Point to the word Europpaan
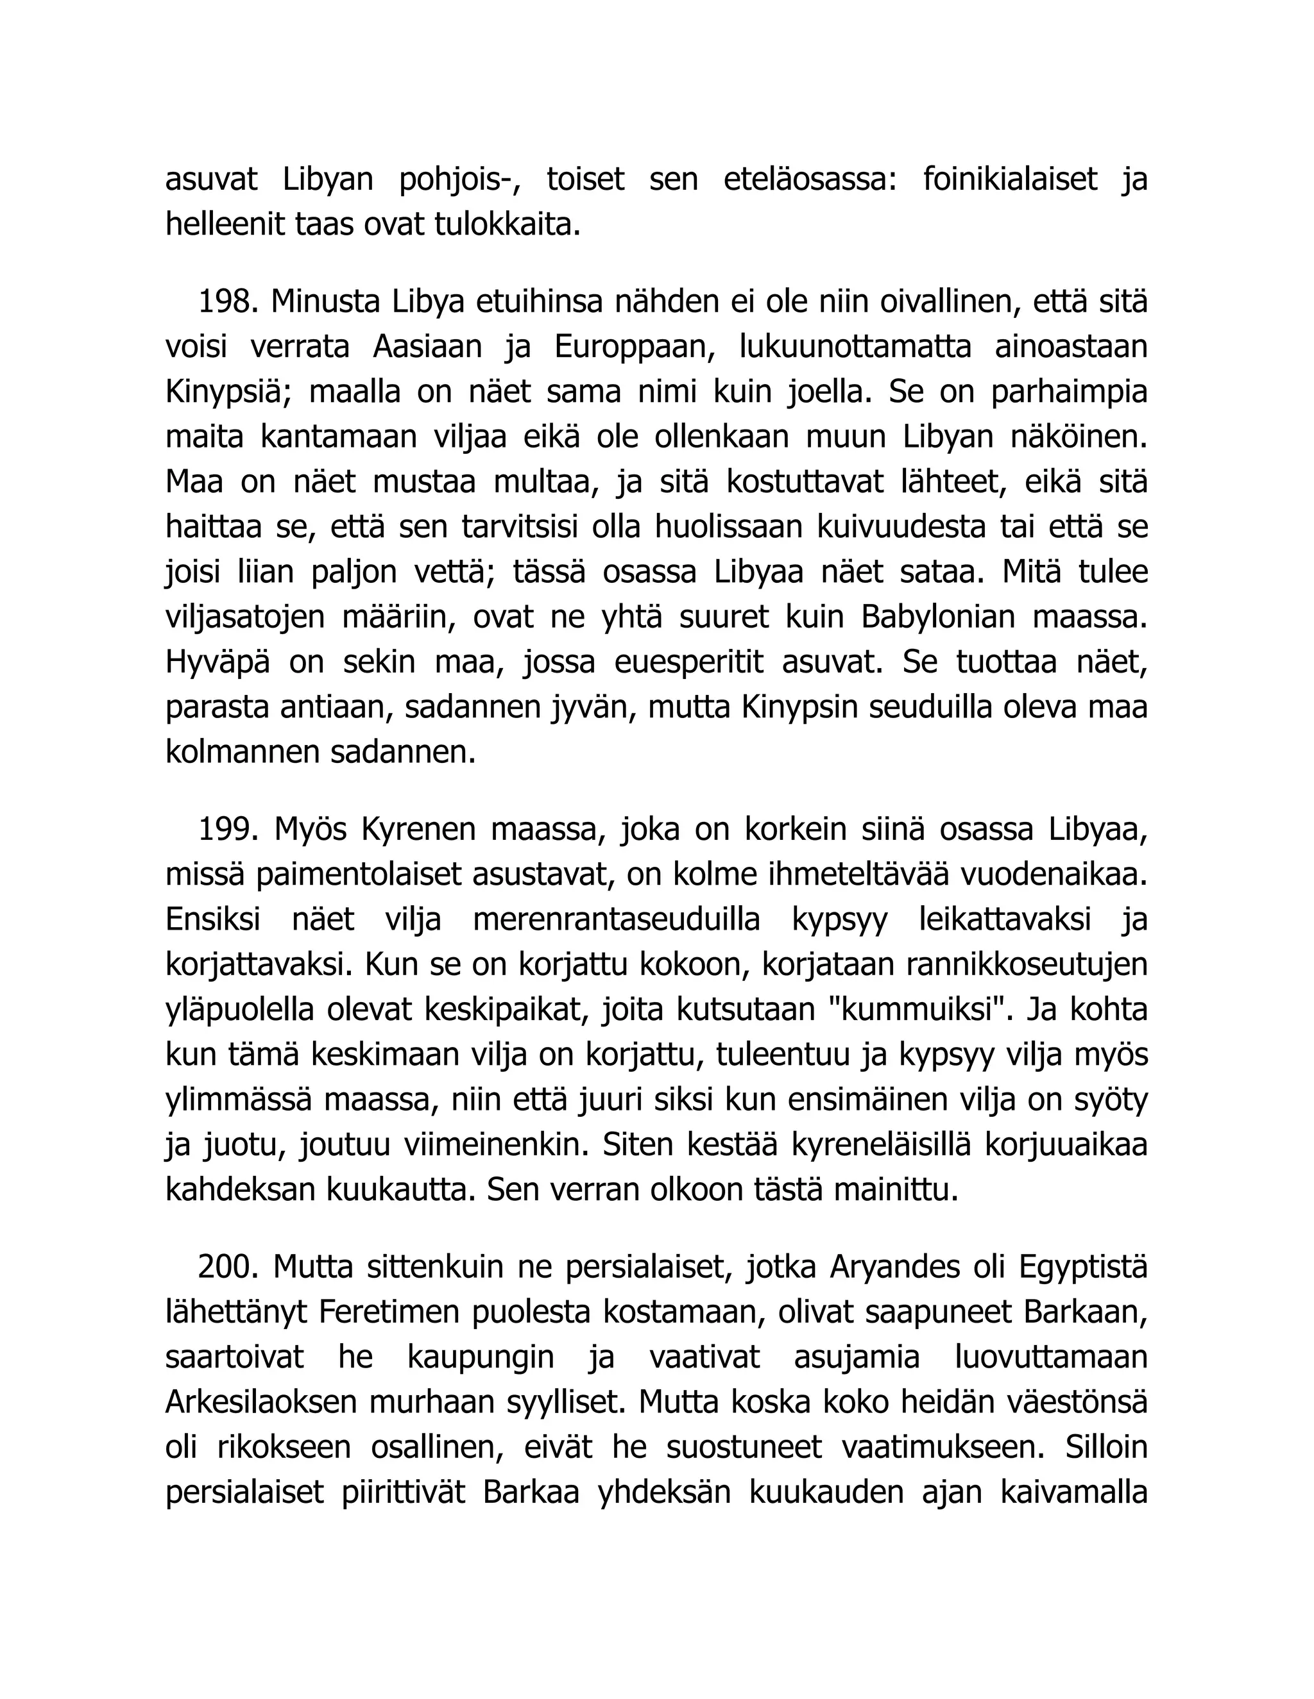point(635,347)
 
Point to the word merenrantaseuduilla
point(617,920)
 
